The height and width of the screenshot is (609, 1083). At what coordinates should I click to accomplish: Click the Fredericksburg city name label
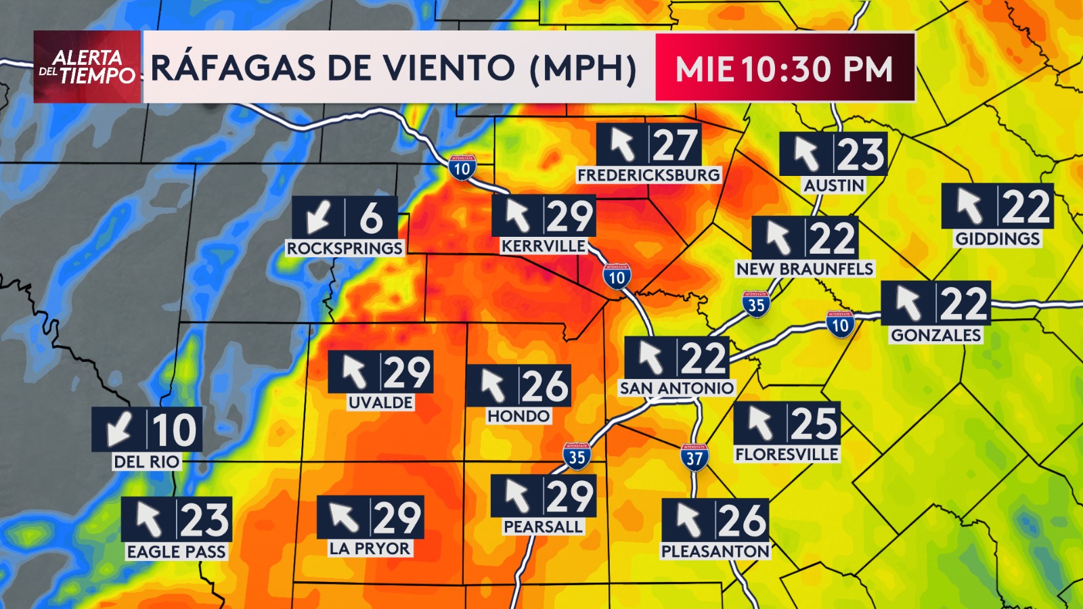pos(648,175)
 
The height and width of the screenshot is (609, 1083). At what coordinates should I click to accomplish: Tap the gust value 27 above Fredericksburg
pos(674,145)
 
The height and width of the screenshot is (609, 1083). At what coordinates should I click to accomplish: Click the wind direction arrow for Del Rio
pos(120,430)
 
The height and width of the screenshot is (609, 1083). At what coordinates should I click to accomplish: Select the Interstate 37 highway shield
pos(694,458)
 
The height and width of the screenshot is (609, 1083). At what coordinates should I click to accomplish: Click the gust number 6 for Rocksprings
pos(371,218)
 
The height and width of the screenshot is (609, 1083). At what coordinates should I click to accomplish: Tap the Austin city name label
pos(834,185)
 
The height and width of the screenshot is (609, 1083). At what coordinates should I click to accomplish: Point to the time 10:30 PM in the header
pos(818,69)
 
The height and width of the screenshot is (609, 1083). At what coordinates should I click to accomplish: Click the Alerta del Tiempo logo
pos(87,67)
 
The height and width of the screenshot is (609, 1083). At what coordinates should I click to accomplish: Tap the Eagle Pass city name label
pos(176,552)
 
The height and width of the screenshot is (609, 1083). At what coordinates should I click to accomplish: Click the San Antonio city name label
pos(676,388)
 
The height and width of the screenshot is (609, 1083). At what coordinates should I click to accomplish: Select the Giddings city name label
pos(997,239)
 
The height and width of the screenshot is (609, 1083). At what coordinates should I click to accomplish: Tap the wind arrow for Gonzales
pos(908,303)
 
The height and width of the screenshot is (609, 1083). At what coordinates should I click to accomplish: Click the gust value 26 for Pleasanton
pos(742,521)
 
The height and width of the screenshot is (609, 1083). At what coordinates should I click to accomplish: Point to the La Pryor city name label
pos(370,549)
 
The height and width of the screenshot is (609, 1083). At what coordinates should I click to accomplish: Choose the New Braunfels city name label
pos(805,269)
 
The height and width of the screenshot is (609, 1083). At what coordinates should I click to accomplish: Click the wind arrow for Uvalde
pos(354,372)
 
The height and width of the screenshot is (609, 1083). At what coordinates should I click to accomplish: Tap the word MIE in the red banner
pos(705,69)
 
